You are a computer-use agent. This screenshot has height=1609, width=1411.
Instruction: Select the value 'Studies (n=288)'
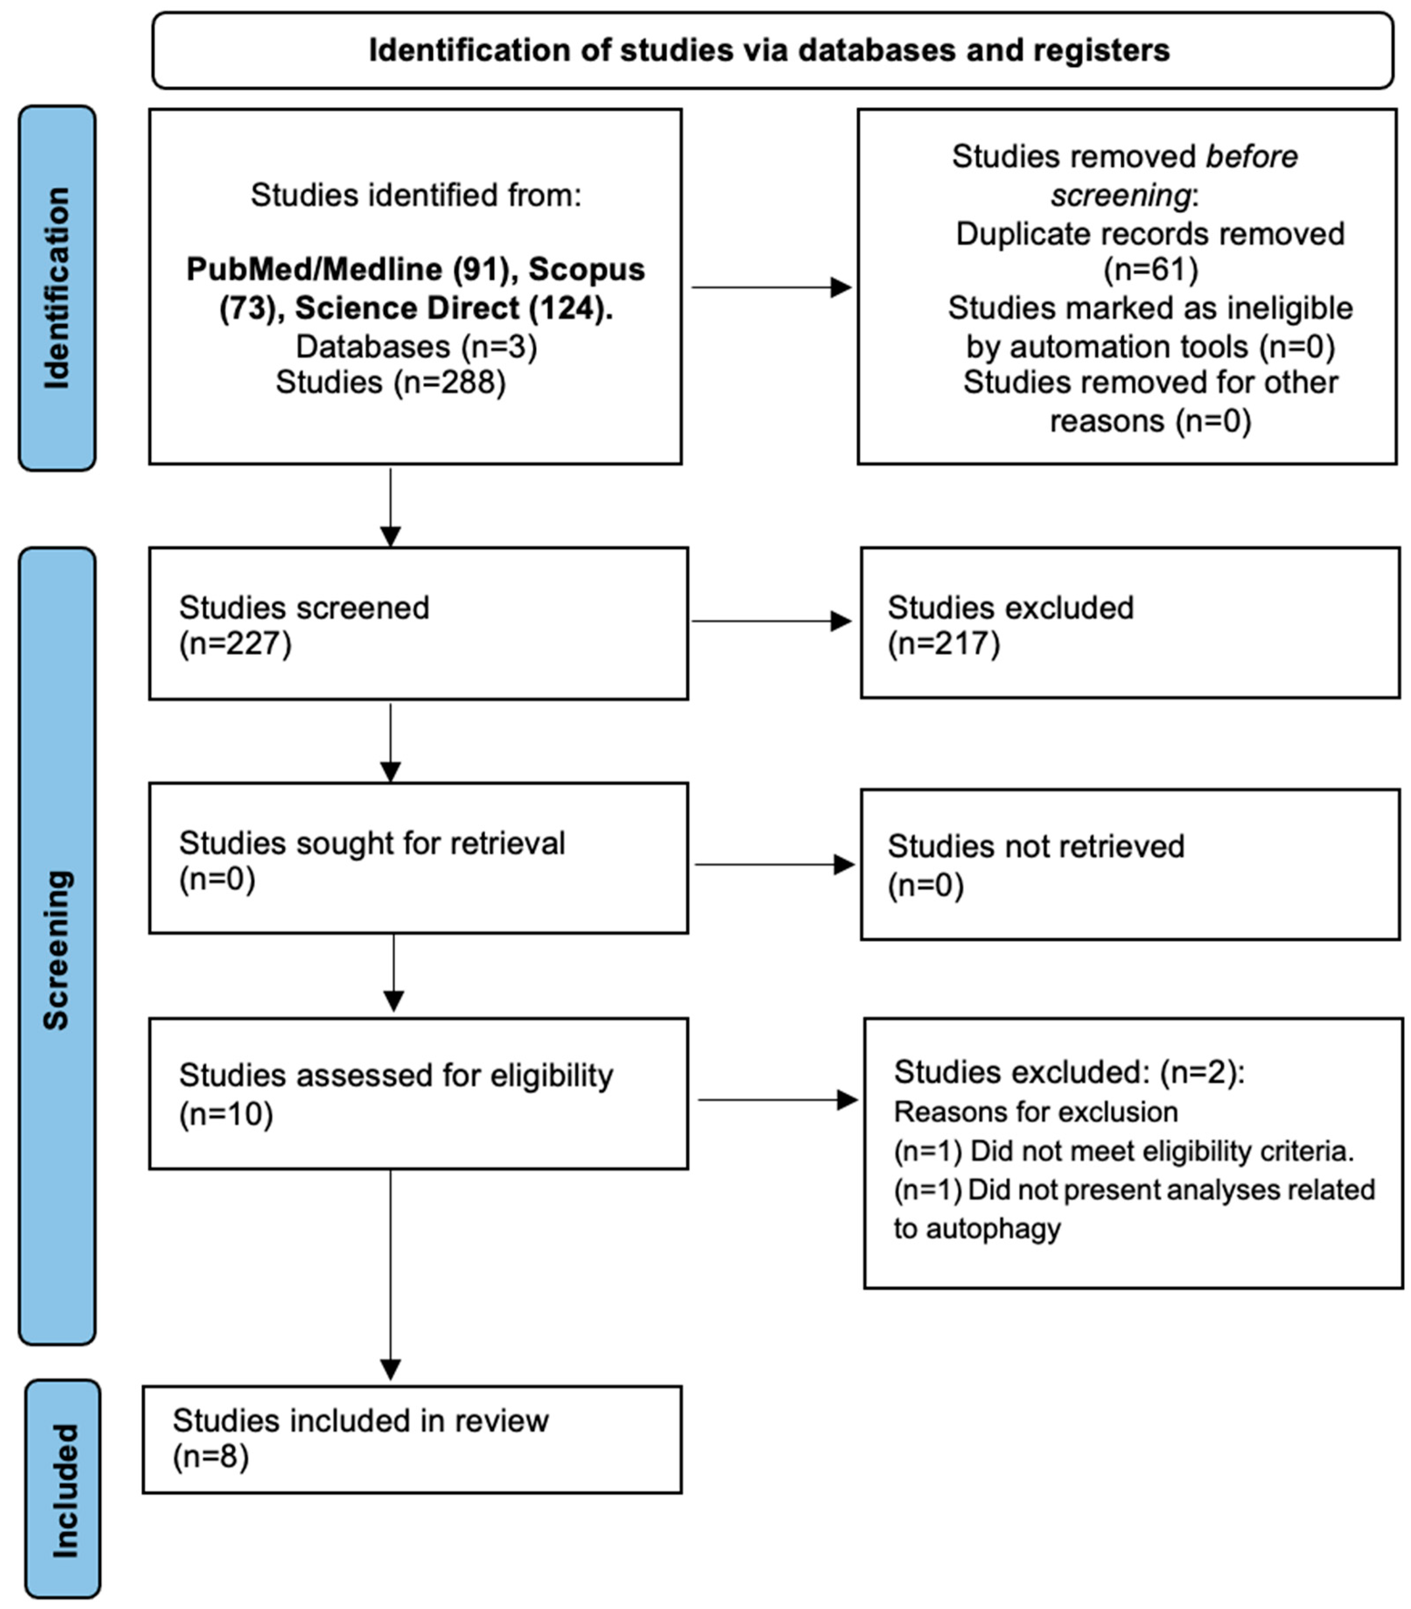tap(391, 383)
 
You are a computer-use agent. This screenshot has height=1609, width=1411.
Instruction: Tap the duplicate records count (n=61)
tap(1150, 269)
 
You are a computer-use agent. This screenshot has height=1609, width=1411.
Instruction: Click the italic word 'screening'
tap(1120, 195)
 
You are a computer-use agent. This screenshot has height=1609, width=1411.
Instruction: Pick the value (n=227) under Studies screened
tap(235, 643)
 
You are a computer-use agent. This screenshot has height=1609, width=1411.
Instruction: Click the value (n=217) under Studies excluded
tap(943, 643)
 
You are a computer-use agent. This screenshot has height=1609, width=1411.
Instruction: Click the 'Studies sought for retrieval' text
tap(371, 843)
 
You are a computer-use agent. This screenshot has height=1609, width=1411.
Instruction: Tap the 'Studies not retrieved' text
tap(1036, 846)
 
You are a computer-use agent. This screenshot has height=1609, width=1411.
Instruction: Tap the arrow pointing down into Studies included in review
tap(391, 1275)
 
